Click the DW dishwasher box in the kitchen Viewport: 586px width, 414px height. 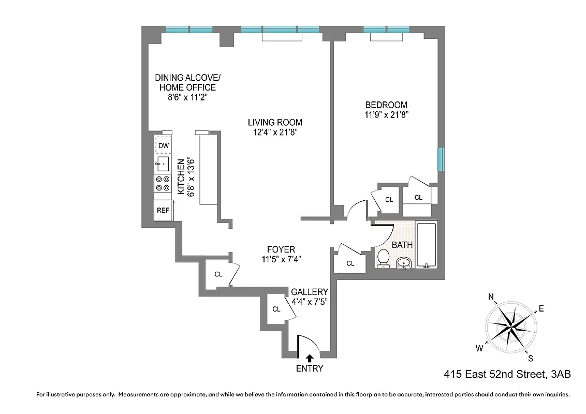[164, 146]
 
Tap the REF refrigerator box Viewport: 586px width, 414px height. [163, 210]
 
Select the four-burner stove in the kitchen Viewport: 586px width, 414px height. [163, 184]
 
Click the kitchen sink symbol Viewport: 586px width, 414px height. [163, 165]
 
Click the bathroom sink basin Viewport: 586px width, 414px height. [405, 264]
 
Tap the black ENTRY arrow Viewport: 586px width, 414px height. [310, 357]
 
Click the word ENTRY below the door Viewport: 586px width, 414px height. [310, 368]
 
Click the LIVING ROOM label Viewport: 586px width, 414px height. [274, 123]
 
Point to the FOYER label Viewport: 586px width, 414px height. [281, 249]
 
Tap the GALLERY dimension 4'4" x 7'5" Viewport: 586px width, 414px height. [310, 301]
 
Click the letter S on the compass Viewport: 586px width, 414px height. [530, 358]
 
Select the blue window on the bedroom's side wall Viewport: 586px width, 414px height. [441, 159]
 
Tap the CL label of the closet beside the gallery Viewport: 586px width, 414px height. [276, 309]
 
